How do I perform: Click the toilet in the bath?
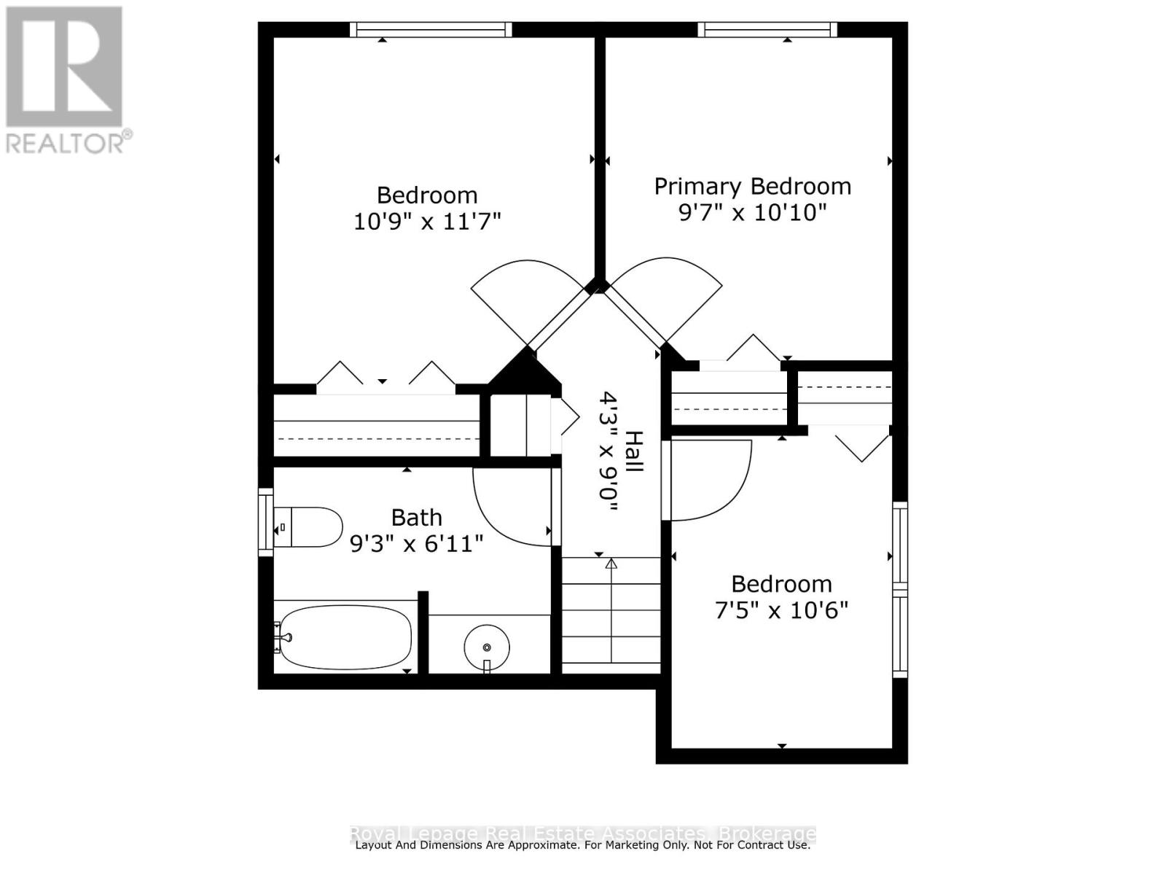310,527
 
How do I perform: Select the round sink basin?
487,646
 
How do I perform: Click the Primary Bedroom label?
752,187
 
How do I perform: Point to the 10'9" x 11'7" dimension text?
427,221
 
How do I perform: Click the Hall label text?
635,451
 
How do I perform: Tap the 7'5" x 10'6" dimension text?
781,610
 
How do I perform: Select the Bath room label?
416,518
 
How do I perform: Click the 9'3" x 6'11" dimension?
416,544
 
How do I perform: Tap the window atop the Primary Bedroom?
767,30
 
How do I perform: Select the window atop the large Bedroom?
431,30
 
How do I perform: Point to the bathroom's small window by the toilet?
265,522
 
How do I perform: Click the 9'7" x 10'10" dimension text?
752,213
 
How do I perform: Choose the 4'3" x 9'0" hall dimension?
609,451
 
